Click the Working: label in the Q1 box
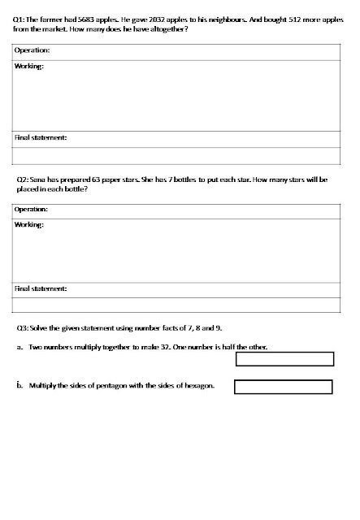click(x=29, y=66)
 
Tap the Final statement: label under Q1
click(x=41, y=137)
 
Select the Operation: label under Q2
click(x=33, y=210)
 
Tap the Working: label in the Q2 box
click(x=29, y=224)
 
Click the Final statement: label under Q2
click(x=41, y=288)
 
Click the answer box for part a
click(x=284, y=359)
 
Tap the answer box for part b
click(x=283, y=387)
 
